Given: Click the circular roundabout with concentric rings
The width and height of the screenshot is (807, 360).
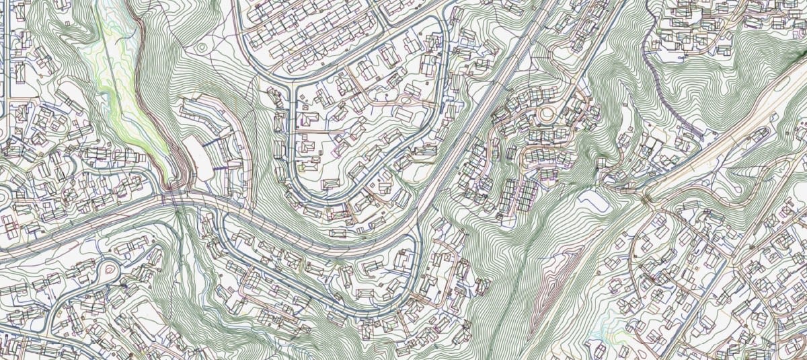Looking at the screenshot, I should (546, 115).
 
